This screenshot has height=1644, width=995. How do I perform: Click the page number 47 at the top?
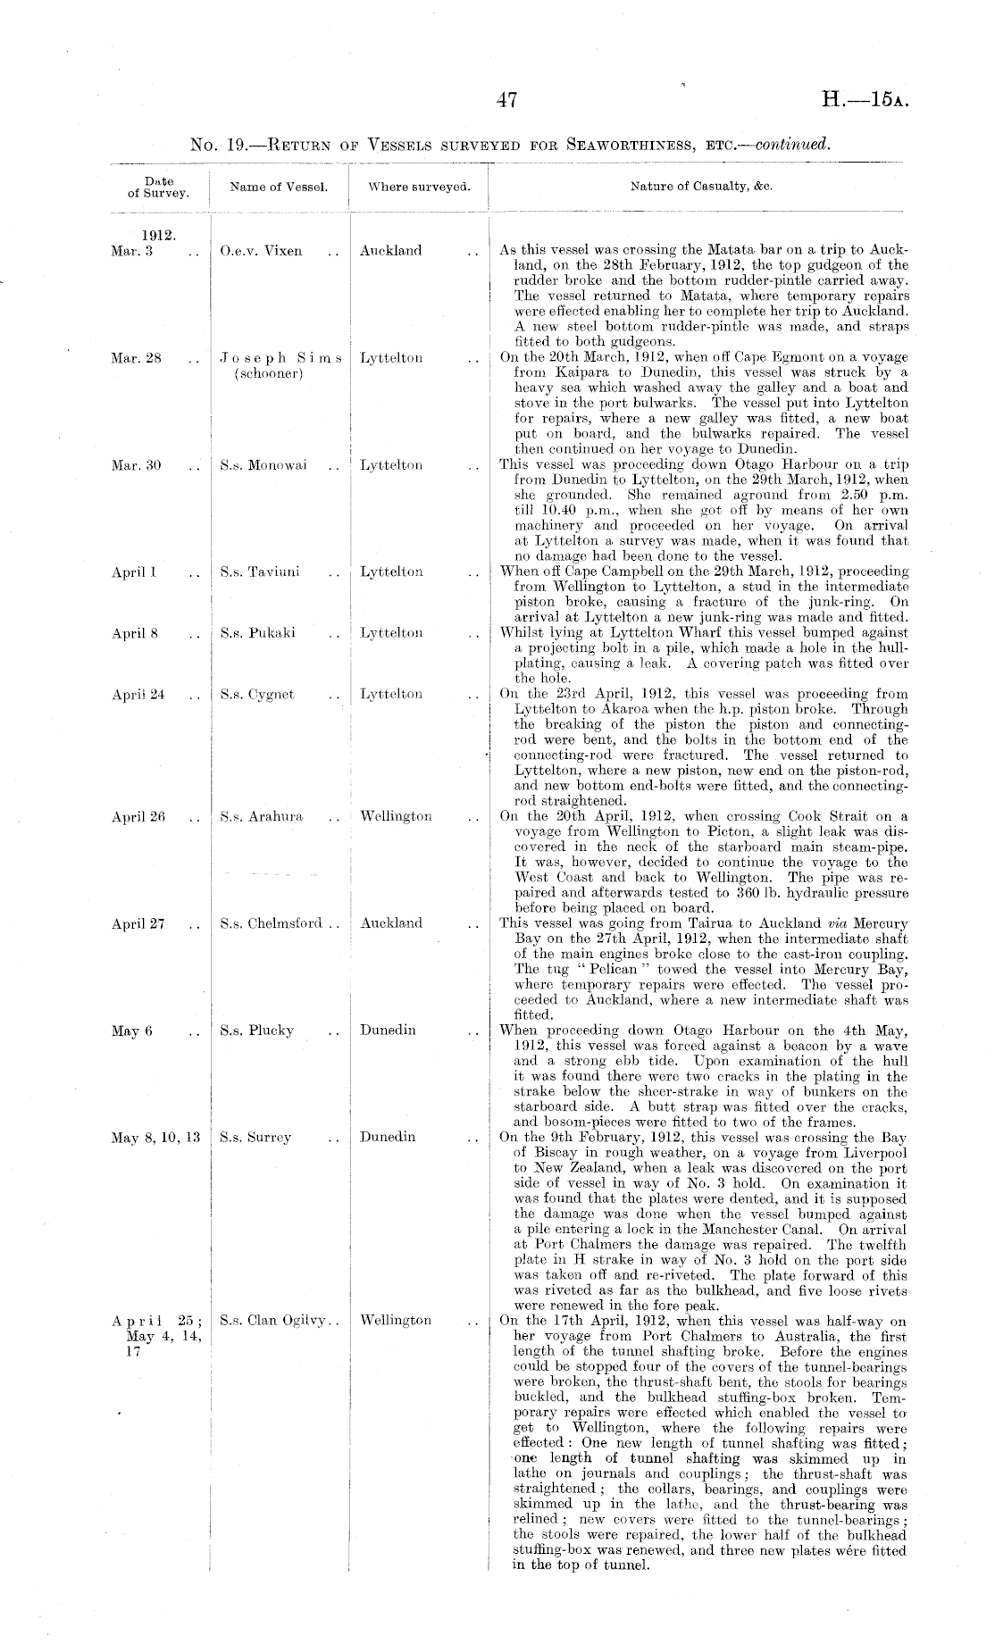click(x=506, y=101)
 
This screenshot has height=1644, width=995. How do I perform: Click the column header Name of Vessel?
click(x=279, y=188)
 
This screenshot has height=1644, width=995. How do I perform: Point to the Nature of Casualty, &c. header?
click(x=701, y=188)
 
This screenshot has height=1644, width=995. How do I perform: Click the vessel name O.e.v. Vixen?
click(x=261, y=251)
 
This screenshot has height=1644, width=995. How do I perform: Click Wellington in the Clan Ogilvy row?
click(x=396, y=1320)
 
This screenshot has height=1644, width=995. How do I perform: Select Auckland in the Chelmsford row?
click(x=391, y=923)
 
